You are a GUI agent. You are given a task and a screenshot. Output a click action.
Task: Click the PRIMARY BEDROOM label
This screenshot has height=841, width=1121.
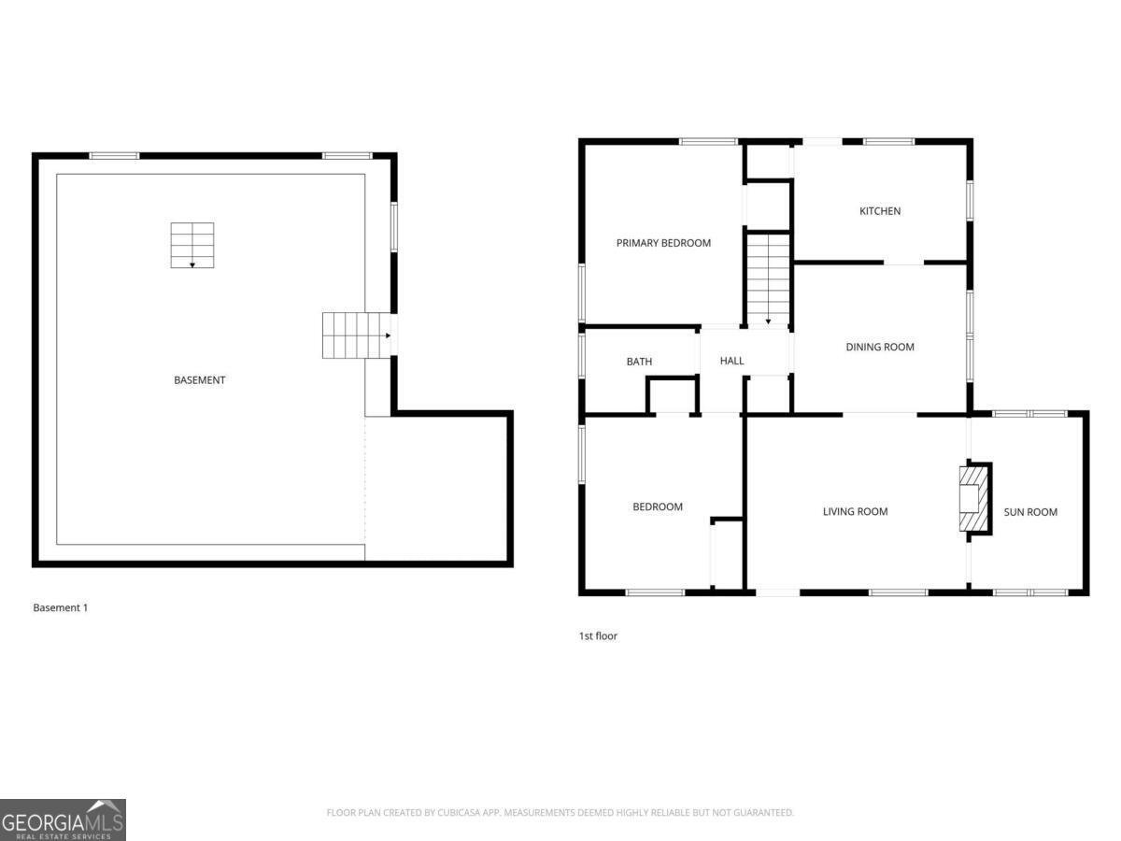point(663,243)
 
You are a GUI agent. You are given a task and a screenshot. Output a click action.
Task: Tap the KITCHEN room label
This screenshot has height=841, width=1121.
point(880,211)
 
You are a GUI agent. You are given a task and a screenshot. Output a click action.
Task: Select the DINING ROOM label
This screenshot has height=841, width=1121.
point(880,347)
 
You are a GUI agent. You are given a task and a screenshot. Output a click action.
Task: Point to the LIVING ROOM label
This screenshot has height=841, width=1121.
point(855,511)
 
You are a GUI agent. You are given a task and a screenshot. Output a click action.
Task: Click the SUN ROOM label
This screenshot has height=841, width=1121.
point(1030,512)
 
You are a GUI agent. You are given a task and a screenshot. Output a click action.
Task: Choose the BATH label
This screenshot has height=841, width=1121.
point(639,362)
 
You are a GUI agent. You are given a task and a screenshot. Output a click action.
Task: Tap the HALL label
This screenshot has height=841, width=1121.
point(732,361)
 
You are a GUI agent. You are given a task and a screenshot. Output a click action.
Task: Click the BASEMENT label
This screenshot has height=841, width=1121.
point(199,380)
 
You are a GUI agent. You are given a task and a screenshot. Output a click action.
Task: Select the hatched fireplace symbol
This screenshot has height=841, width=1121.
point(972,498)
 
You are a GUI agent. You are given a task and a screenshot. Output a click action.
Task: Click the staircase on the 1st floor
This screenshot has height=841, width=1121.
point(768,278)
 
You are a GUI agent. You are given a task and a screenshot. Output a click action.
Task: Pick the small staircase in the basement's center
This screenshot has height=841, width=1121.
point(192,245)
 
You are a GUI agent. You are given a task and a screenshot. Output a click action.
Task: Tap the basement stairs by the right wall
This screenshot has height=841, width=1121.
point(356,335)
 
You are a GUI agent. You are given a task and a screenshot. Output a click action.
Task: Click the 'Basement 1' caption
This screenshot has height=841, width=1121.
point(60,607)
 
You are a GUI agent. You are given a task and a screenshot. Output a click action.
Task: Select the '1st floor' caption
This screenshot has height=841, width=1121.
point(598,636)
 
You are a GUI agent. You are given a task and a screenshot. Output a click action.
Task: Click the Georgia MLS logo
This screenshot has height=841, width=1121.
point(63,820)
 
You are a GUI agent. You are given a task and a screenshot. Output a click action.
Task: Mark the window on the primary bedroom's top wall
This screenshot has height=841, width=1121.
point(708,141)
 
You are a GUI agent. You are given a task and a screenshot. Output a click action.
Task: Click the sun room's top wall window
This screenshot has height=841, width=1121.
point(1029,413)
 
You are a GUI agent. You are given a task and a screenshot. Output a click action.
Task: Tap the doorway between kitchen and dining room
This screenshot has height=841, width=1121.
point(903,264)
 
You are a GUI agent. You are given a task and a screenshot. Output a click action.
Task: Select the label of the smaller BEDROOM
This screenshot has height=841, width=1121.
point(658,506)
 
